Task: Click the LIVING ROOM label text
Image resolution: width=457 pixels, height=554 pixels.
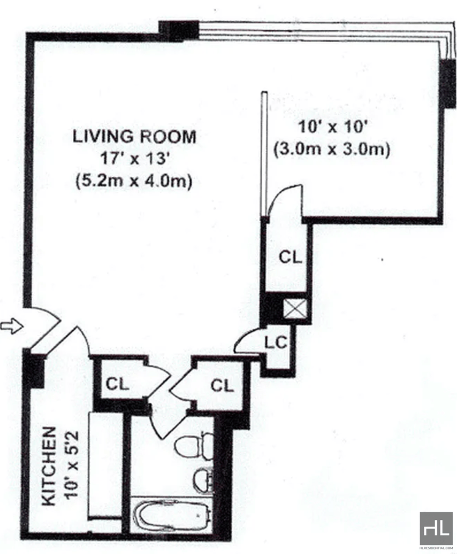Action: click(134, 137)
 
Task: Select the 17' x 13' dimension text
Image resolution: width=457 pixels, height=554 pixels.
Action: click(134, 158)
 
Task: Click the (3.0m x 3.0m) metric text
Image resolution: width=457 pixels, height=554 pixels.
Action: click(332, 149)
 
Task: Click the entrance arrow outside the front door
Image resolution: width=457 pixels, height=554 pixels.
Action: click(11, 327)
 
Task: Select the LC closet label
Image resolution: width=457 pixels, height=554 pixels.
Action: click(275, 343)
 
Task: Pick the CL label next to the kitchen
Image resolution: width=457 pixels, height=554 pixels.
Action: click(117, 384)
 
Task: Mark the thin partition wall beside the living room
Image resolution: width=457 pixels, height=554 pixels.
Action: click(264, 152)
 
